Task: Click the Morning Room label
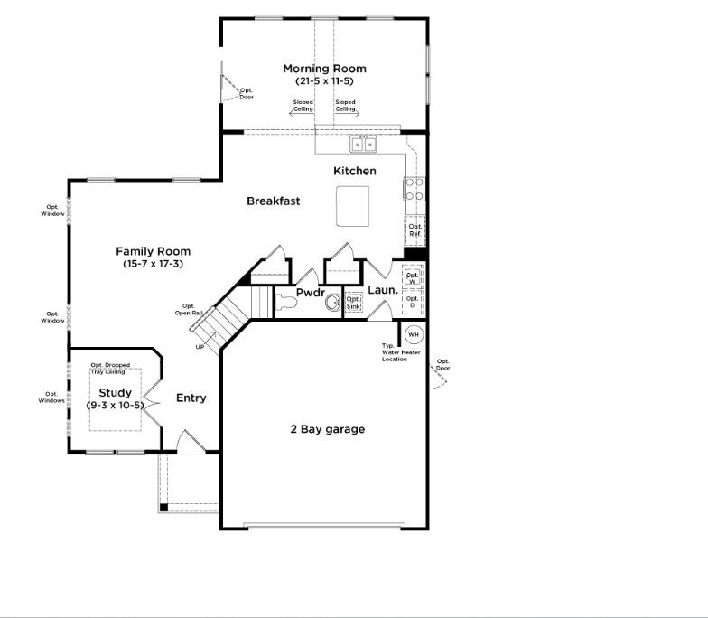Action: (324, 69)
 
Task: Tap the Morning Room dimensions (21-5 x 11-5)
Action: (324, 81)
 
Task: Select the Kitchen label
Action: (355, 171)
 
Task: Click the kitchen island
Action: (352, 207)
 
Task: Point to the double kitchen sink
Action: (364, 145)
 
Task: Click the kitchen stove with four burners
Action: (414, 189)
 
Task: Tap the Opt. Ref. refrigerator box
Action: (415, 230)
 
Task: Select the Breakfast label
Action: (273, 201)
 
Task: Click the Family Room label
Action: (153, 251)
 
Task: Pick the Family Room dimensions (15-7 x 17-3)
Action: (153, 264)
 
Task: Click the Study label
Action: (115, 393)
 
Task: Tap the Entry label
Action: (191, 398)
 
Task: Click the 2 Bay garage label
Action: (329, 429)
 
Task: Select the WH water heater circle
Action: (414, 334)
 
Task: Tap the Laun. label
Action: (382, 290)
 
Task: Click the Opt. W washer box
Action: (413, 277)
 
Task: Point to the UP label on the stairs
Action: (200, 346)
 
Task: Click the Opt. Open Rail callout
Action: (188, 309)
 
